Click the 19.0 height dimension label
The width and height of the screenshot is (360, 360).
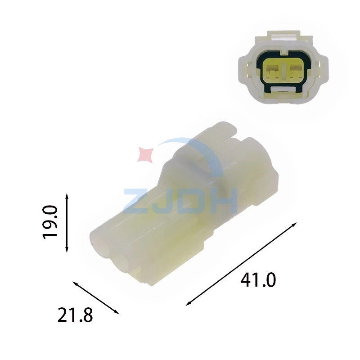click(50, 222)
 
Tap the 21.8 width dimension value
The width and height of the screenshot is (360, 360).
click(75, 315)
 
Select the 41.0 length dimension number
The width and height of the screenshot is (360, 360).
click(258, 280)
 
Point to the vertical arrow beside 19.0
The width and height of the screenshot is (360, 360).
click(67, 223)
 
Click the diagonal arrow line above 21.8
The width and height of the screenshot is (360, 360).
click(96, 297)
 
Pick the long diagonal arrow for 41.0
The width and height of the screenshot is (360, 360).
click(241, 264)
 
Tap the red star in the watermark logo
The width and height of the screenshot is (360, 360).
click(145, 155)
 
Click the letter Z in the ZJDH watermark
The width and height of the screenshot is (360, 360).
click(135, 200)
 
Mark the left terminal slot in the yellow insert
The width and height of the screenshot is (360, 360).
click(272, 69)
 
